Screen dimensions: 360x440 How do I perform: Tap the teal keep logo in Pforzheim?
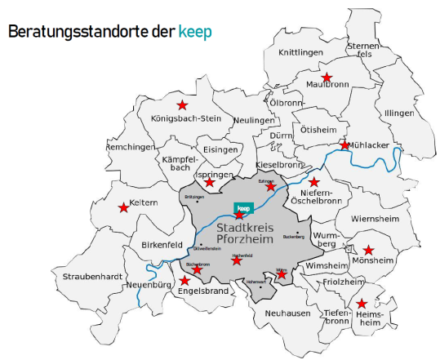click(242, 209)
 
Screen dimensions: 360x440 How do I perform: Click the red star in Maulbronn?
click(327, 78)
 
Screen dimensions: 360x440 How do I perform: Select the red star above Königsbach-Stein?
click(182, 105)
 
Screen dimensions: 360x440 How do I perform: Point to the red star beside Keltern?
click(124, 208)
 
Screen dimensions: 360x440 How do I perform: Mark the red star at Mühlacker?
click(345, 144)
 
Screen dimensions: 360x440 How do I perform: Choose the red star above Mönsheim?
click(368, 250)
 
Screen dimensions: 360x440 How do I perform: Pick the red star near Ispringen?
click(210, 181)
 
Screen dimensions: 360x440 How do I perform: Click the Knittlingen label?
click(300, 52)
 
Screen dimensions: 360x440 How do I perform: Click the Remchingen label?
click(131, 147)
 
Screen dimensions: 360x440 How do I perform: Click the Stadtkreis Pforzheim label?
click(245, 233)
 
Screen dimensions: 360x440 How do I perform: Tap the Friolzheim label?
click(342, 282)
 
